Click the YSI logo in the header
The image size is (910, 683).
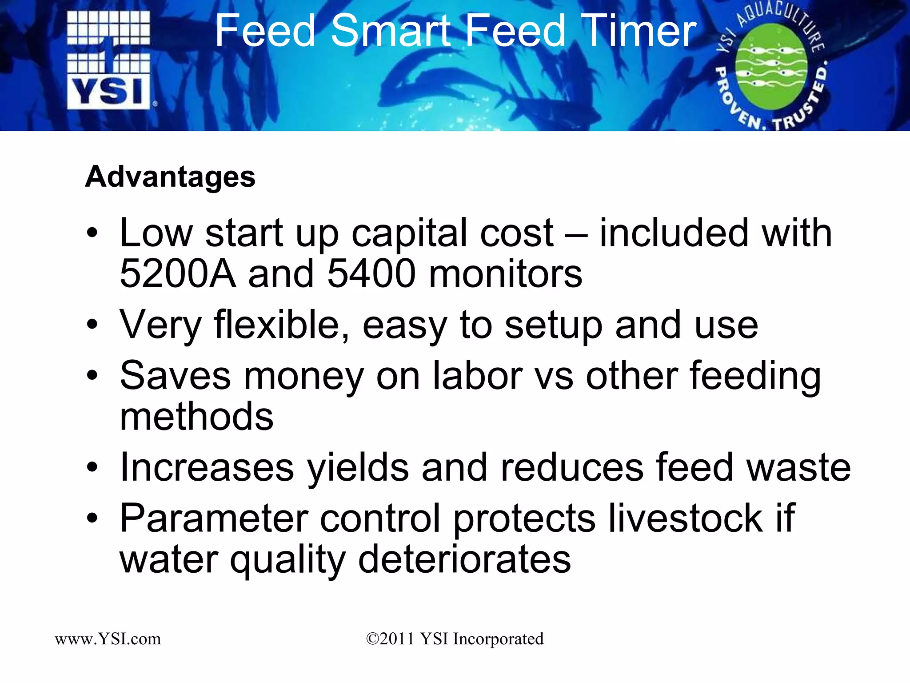[x=109, y=60]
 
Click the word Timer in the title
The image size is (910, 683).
[x=640, y=31]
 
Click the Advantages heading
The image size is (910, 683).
[x=170, y=177]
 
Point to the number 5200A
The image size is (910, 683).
[x=178, y=274]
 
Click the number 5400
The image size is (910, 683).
[x=371, y=274]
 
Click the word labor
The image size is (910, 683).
[x=478, y=376]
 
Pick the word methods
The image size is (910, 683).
[x=196, y=417]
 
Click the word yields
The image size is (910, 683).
[x=358, y=468]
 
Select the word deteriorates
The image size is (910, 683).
[x=464, y=559]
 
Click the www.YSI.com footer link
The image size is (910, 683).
[x=108, y=639]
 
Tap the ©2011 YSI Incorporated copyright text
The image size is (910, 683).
[x=455, y=639]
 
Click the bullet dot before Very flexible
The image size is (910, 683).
[x=92, y=325]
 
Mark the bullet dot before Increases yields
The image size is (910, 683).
[x=92, y=468]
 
